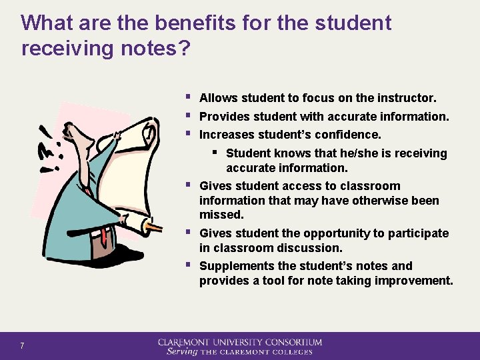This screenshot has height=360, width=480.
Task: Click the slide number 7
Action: point(22,345)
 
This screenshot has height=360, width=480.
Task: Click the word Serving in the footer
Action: point(181,351)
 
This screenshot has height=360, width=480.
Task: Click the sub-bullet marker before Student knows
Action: point(218,152)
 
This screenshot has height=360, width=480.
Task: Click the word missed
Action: point(221,215)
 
